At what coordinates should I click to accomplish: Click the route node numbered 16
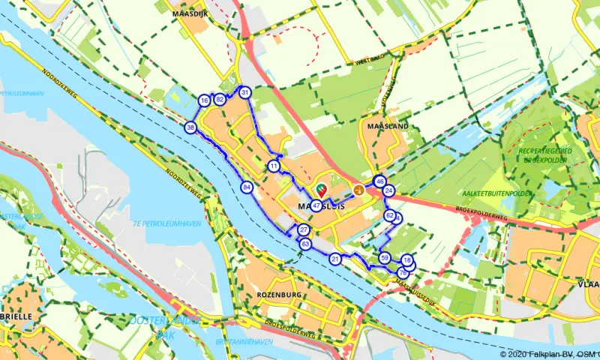(x=204, y=100)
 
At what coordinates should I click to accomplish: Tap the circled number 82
(x=220, y=99)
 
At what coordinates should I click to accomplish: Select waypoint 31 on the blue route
(x=245, y=92)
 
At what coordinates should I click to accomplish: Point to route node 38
(x=191, y=128)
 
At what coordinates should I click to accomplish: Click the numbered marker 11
(x=274, y=166)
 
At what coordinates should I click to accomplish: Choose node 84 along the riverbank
(x=247, y=187)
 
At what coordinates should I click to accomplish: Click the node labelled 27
(x=304, y=230)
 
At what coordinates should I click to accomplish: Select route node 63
(x=305, y=244)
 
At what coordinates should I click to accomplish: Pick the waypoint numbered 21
(x=335, y=259)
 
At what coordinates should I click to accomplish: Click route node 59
(x=385, y=258)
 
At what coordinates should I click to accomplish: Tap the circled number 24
(x=388, y=191)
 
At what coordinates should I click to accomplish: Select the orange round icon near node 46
(x=359, y=190)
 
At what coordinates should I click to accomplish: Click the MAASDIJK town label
(x=188, y=13)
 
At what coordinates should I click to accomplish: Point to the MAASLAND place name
(x=388, y=127)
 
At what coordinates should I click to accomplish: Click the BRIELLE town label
(x=16, y=316)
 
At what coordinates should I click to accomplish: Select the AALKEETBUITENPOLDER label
(x=481, y=192)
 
